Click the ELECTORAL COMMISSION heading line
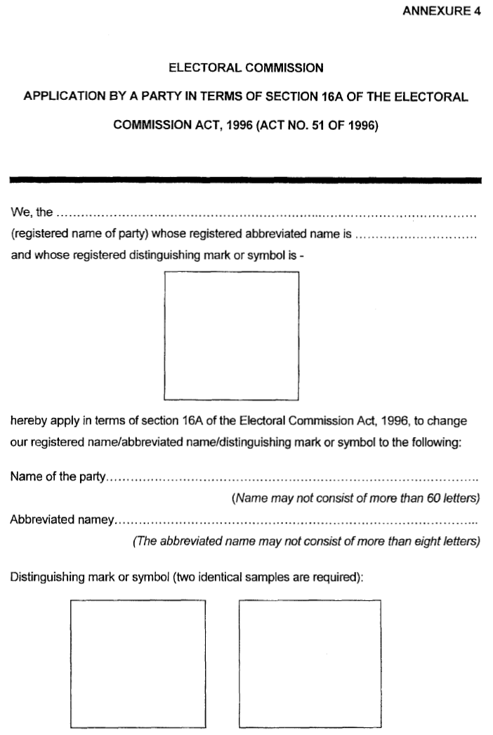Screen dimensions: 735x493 tap(246, 68)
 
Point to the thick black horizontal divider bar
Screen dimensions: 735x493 tap(246, 181)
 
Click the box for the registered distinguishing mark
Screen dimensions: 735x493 tap(231, 335)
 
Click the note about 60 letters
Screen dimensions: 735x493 tap(355, 499)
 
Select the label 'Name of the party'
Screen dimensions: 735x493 tap(58, 479)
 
